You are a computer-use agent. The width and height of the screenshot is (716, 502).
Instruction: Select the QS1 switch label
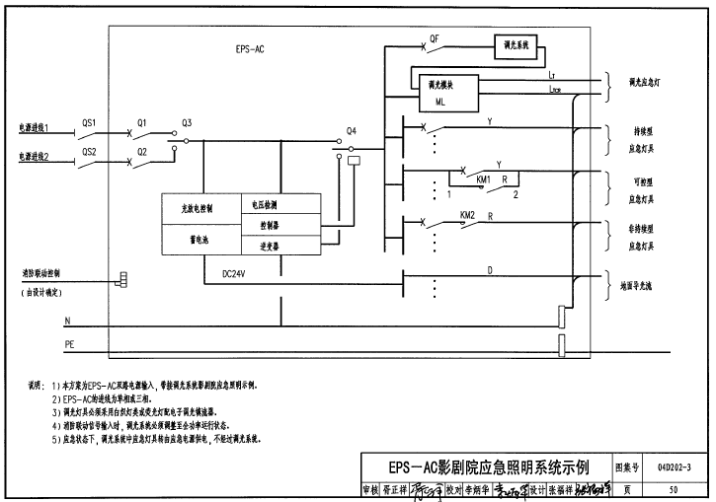tap(89, 123)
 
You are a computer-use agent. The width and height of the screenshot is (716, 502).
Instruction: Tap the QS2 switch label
tap(89, 151)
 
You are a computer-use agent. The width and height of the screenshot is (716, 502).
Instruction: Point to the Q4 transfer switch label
tap(352, 130)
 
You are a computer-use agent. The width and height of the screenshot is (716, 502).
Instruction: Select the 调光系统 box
tap(517, 47)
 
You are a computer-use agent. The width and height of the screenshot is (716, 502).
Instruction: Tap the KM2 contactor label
tap(467, 214)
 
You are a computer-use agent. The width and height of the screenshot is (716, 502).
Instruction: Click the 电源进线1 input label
tap(34, 128)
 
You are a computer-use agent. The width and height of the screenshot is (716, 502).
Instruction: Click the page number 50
tap(674, 488)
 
